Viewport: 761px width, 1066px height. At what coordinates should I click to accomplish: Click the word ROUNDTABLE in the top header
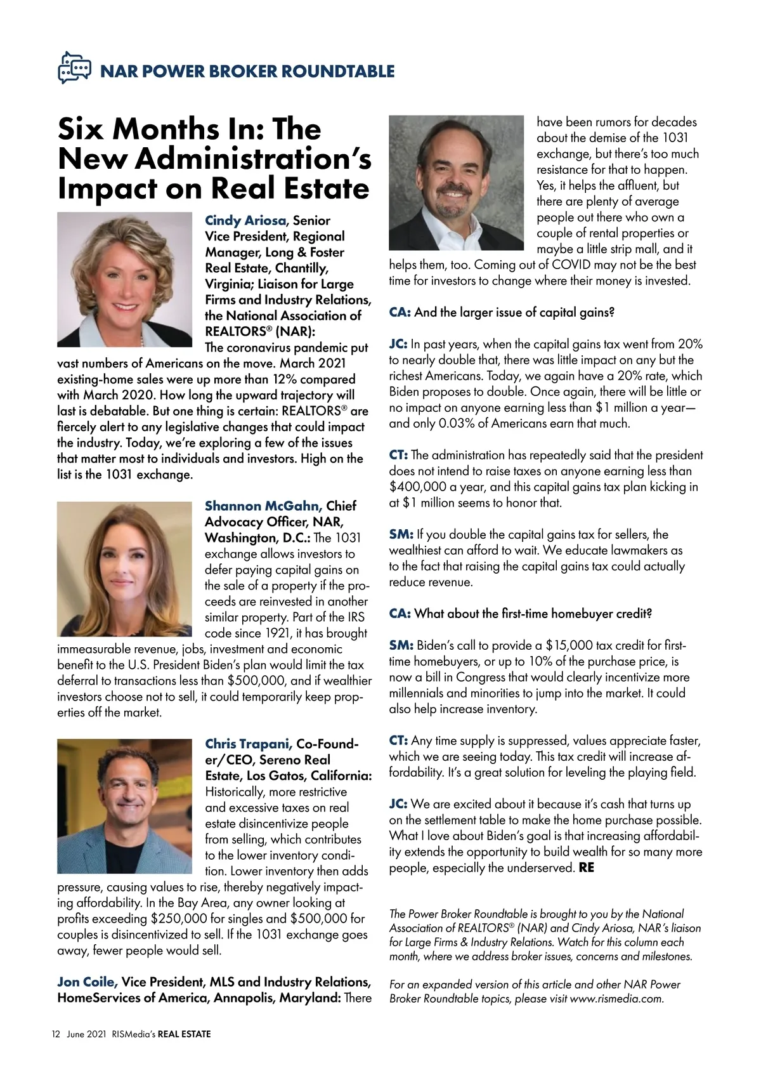[337, 71]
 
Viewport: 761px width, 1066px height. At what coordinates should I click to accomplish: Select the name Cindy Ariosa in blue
[245, 221]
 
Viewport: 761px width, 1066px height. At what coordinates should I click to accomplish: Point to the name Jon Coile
[87, 982]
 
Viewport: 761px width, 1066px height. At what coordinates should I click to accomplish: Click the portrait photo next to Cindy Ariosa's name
[125, 280]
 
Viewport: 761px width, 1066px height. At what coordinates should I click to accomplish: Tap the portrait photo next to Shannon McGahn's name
[125, 569]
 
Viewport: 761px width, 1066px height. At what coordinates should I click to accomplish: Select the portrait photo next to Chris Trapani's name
[125, 806]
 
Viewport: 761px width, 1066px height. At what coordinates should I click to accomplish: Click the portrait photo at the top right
[457, 183]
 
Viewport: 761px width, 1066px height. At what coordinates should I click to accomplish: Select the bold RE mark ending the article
[587, 867]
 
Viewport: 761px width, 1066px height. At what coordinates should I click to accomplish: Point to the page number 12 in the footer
[56, 1034]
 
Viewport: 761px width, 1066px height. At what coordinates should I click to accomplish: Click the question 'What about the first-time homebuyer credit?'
[533, 614]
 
